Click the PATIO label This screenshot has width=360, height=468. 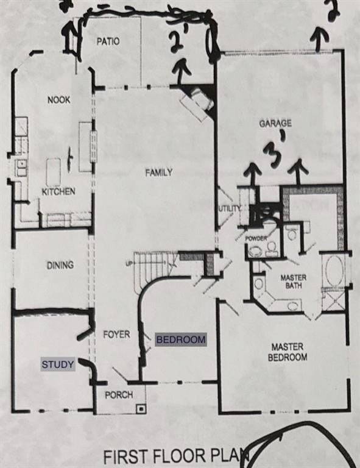point(107,41)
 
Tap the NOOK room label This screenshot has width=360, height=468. point(58,99)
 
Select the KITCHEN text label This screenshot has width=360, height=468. point(58,191)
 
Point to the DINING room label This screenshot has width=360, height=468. point(60,265)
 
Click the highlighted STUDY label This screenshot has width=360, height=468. point(58,365)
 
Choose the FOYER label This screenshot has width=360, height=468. point(116,335)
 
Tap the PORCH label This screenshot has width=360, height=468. point(118,395)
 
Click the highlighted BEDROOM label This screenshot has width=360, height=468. point(181,339)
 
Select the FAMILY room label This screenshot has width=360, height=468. point(158,172)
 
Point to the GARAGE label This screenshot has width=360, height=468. point(275,123)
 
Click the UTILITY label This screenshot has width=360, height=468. point(230,208)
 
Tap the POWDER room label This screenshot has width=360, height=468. point(256,238)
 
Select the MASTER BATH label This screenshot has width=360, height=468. point(293,282)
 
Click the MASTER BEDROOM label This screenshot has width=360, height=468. point(288,352)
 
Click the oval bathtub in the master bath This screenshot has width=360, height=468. point(333,271)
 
